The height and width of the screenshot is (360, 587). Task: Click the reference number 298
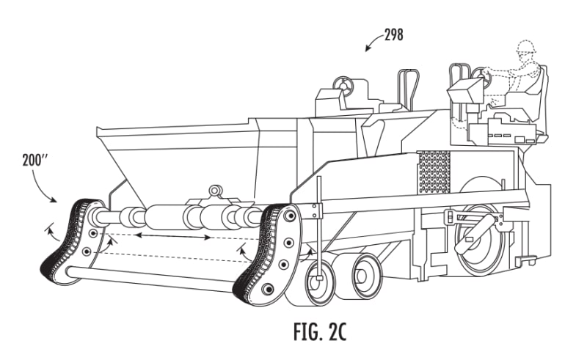click(393, 34)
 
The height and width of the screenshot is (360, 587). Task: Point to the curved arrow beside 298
click(372, 45)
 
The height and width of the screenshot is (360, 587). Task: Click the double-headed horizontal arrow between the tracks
click(173, 237)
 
